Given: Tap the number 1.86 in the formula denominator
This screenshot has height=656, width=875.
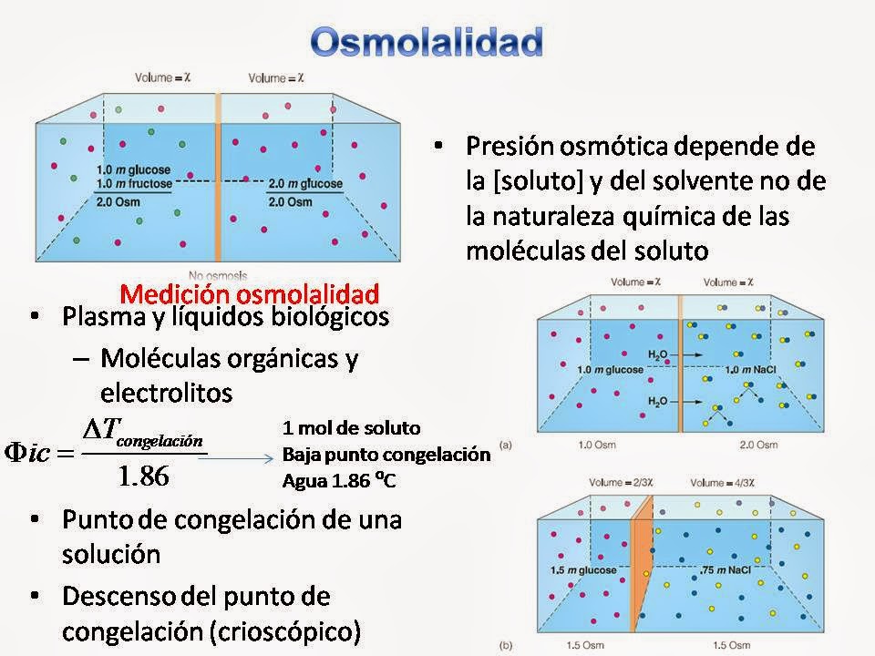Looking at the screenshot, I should [x=144, y=476].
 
